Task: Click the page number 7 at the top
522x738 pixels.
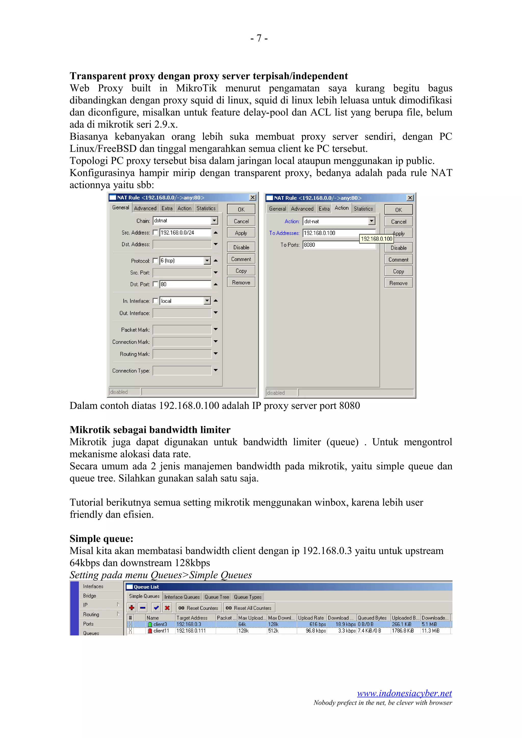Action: tap(259, 38)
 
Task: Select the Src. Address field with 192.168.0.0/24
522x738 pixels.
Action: tap(185, 233)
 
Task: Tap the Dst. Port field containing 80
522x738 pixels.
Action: tap(185, 284)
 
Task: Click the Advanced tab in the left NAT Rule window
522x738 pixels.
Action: tap(145, 208)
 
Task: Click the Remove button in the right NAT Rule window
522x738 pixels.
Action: tap(398, 283)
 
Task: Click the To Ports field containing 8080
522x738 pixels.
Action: tap(331, 245)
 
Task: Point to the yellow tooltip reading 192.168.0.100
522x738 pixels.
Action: tap(376, 239)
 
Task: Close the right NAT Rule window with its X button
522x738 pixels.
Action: tap(410, 198)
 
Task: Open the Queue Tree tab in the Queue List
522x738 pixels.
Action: tap(216, 597)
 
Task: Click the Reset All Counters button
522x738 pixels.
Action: tap(249, 608)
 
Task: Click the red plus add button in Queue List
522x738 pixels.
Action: tap(132, 608)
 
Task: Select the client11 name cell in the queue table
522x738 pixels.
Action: tap(161, 631)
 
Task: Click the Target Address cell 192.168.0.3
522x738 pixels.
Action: tap(189, 624)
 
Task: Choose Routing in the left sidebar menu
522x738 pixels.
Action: tap(91, 614)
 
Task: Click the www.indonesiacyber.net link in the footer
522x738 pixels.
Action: tap(404, 693)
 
